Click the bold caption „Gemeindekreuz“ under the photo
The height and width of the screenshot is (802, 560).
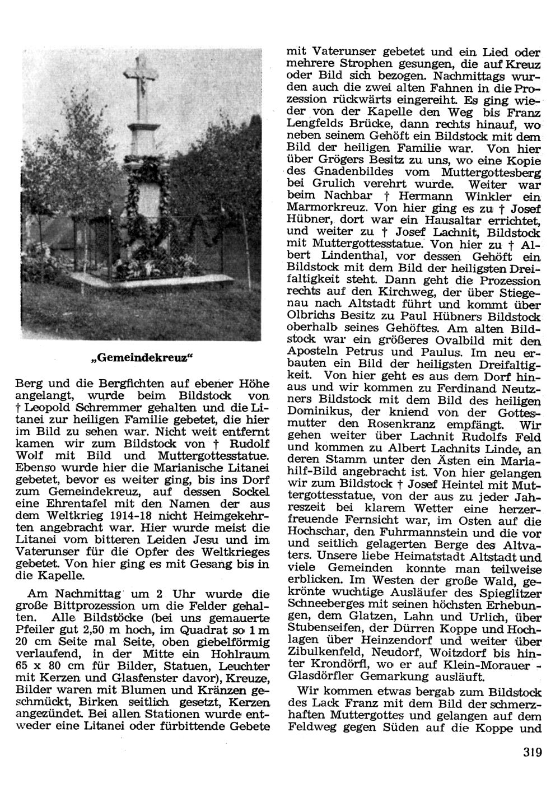coord(141,358)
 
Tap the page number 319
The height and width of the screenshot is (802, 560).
coord(530,752)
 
